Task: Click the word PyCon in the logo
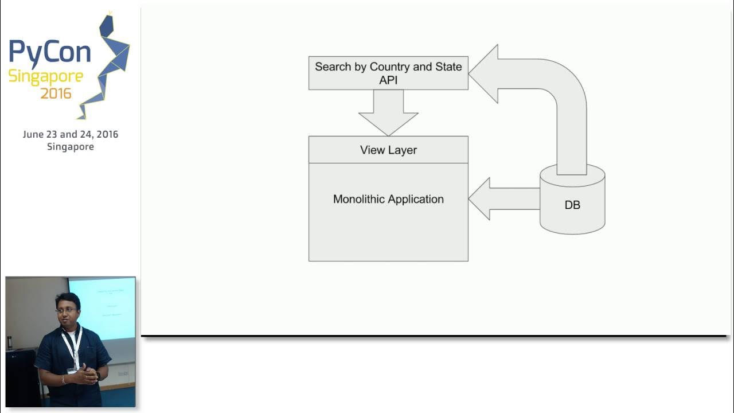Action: [49, 52]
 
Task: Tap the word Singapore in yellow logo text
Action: [45, 76]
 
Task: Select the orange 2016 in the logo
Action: [56, 92]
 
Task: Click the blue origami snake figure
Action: [109, 63]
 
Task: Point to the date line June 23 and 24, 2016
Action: [71, 134]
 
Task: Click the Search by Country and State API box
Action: [388, 73]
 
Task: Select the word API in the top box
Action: [388, 80]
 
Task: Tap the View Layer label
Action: [388, 150]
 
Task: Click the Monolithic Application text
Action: [388, 199]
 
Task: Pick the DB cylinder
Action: [572, 204]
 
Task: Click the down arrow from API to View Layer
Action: [388, 112]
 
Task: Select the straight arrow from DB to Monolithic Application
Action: [502, 198]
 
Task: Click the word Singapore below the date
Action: [71, 146]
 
